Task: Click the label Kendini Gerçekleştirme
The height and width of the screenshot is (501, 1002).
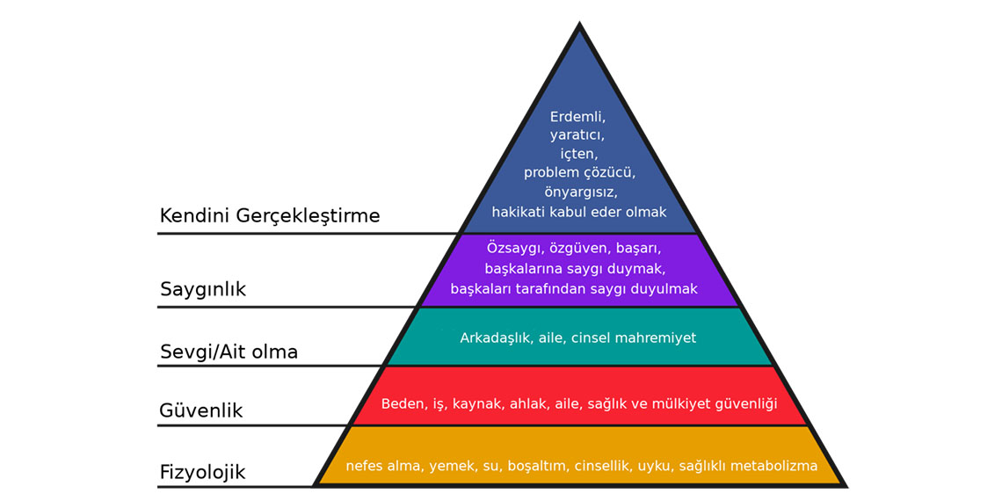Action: pos(270,216)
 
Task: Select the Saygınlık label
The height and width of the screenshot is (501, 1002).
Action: pos(203,289)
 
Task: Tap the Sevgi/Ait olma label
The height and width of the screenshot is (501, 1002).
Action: pos(229,352)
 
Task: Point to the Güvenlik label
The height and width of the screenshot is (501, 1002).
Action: pos(201,410)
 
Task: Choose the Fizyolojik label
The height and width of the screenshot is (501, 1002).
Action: pos(202,473)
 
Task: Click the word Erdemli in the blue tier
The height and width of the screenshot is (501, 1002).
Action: pos(578,116)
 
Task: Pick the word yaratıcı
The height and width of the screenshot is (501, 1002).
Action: pos(577,135)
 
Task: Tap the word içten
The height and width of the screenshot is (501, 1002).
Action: pos(578,154)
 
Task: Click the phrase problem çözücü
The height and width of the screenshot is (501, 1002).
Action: pos(578,172)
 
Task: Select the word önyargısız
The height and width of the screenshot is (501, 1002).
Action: pos(578,192)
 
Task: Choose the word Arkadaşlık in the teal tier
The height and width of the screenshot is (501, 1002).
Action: pos(496,338)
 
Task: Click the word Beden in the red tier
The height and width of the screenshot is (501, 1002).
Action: pos(402,404)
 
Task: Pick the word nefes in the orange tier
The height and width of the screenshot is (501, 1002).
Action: pos(365,466)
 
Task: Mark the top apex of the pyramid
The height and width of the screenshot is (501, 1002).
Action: pos(579,25)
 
